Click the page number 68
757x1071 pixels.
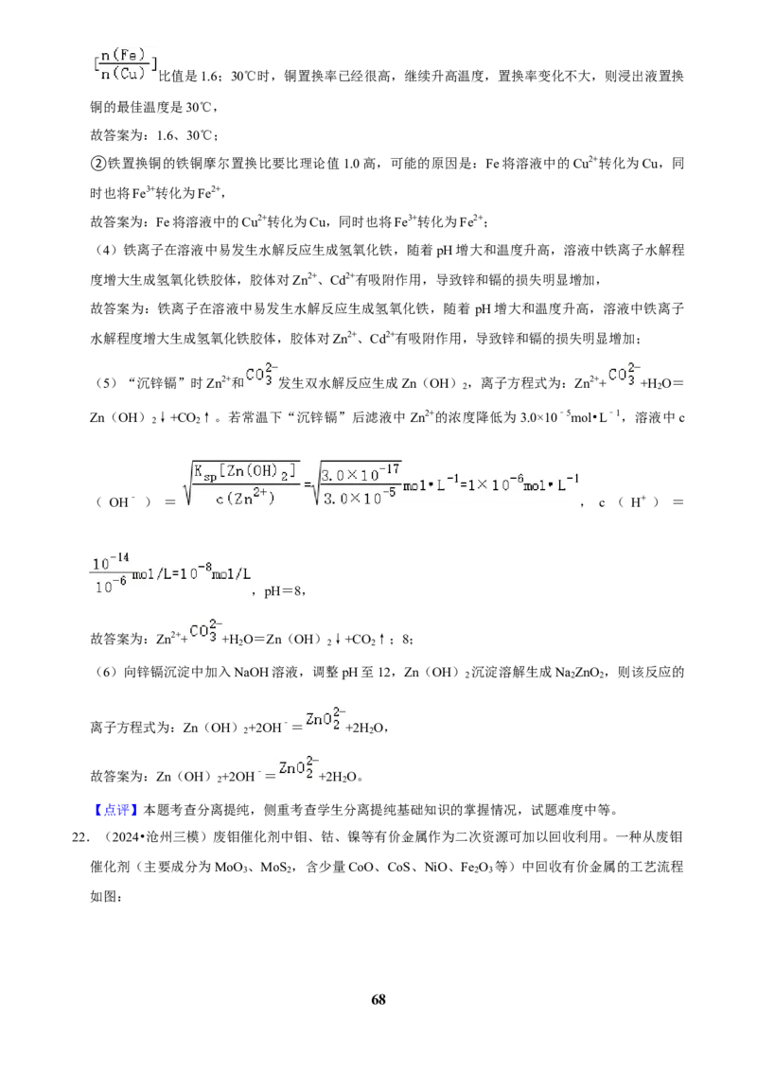(x=378, y=999)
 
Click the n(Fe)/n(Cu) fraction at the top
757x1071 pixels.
(x=124, y=64)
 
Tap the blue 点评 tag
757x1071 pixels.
(x=115, y=810)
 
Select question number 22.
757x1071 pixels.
(x=79, y=837)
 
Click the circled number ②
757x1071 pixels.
(x=97, y=164)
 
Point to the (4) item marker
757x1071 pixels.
(x=106, y=251)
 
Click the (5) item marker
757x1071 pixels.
(x=106, y=383)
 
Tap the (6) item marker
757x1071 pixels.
(x=106, y=672)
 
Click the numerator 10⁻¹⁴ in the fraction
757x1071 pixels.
(x=110, y=563)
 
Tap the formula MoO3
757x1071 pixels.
(x=233, y=868)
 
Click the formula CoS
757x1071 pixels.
(x=399, y=868)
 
